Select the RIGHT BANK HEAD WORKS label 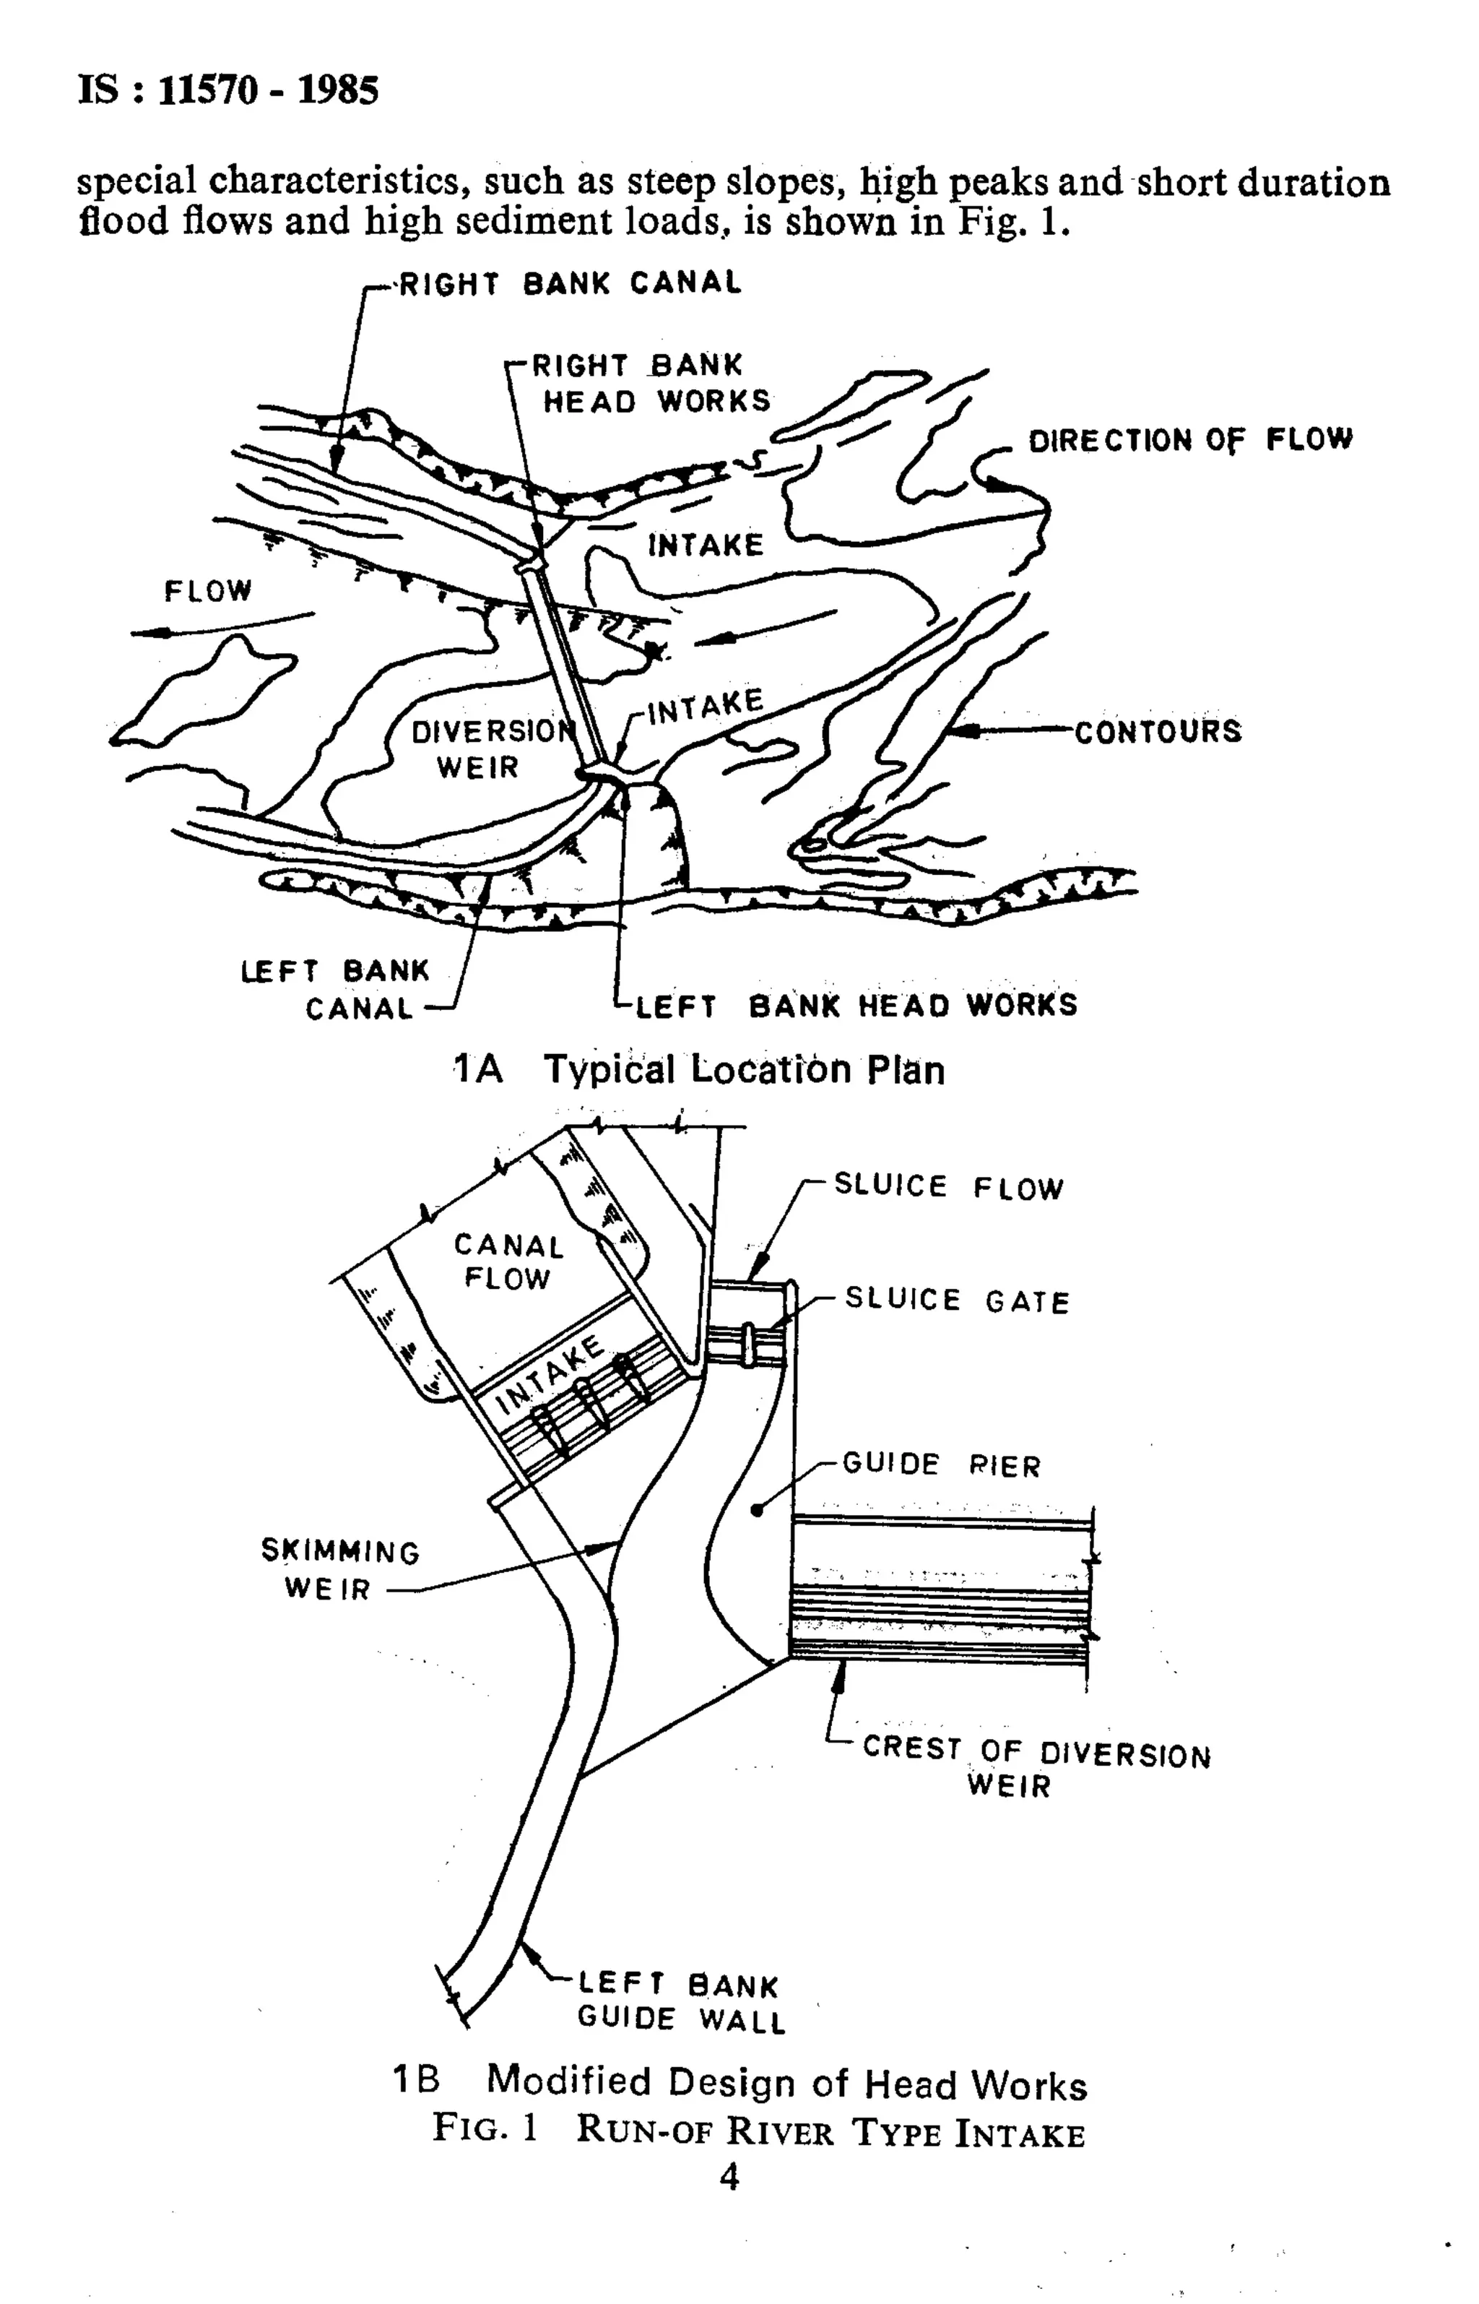click(650, 382)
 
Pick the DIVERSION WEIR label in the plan click(488, 749)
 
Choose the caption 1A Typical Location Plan click(699, 1069)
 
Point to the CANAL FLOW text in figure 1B click(507, 1261)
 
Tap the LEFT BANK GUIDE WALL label click(680, 2002)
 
